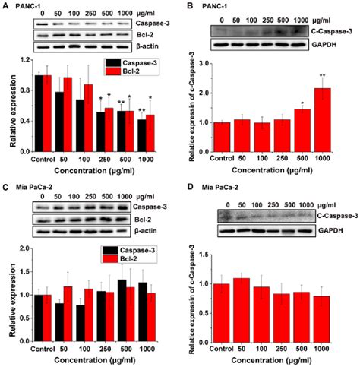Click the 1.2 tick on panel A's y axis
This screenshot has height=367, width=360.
pos(24,59)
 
